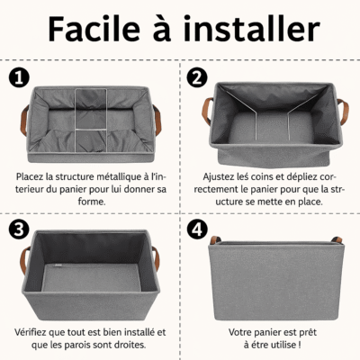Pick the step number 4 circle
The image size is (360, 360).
click(195, 229)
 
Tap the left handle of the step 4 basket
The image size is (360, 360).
click(217, 240)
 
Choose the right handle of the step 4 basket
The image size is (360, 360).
click(335, 240)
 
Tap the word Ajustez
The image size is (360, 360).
click(220, 178)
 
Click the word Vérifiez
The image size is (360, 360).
click(33, 331)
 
